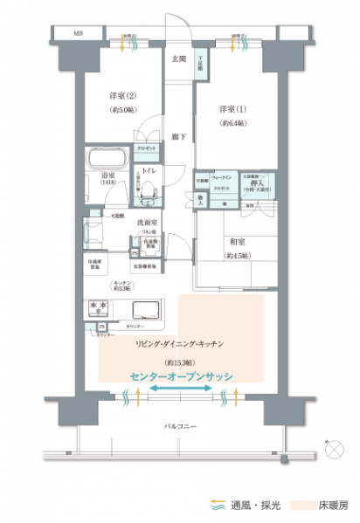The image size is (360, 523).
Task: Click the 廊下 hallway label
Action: [x=177, y=137]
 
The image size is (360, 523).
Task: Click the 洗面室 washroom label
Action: [x=146, y=223]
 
